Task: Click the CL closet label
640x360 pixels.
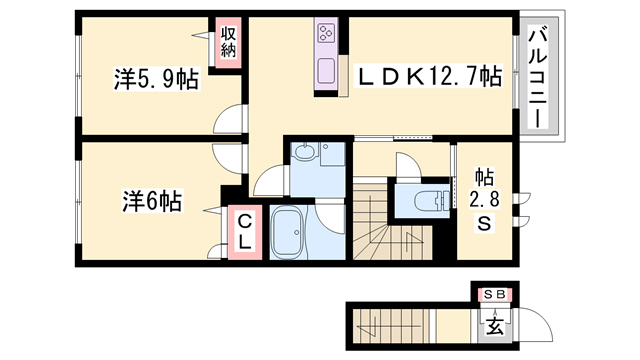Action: (x=244, y=233)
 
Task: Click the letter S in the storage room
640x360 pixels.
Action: (x=483, y=224)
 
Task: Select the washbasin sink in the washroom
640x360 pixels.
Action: (x=305, y=154)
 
